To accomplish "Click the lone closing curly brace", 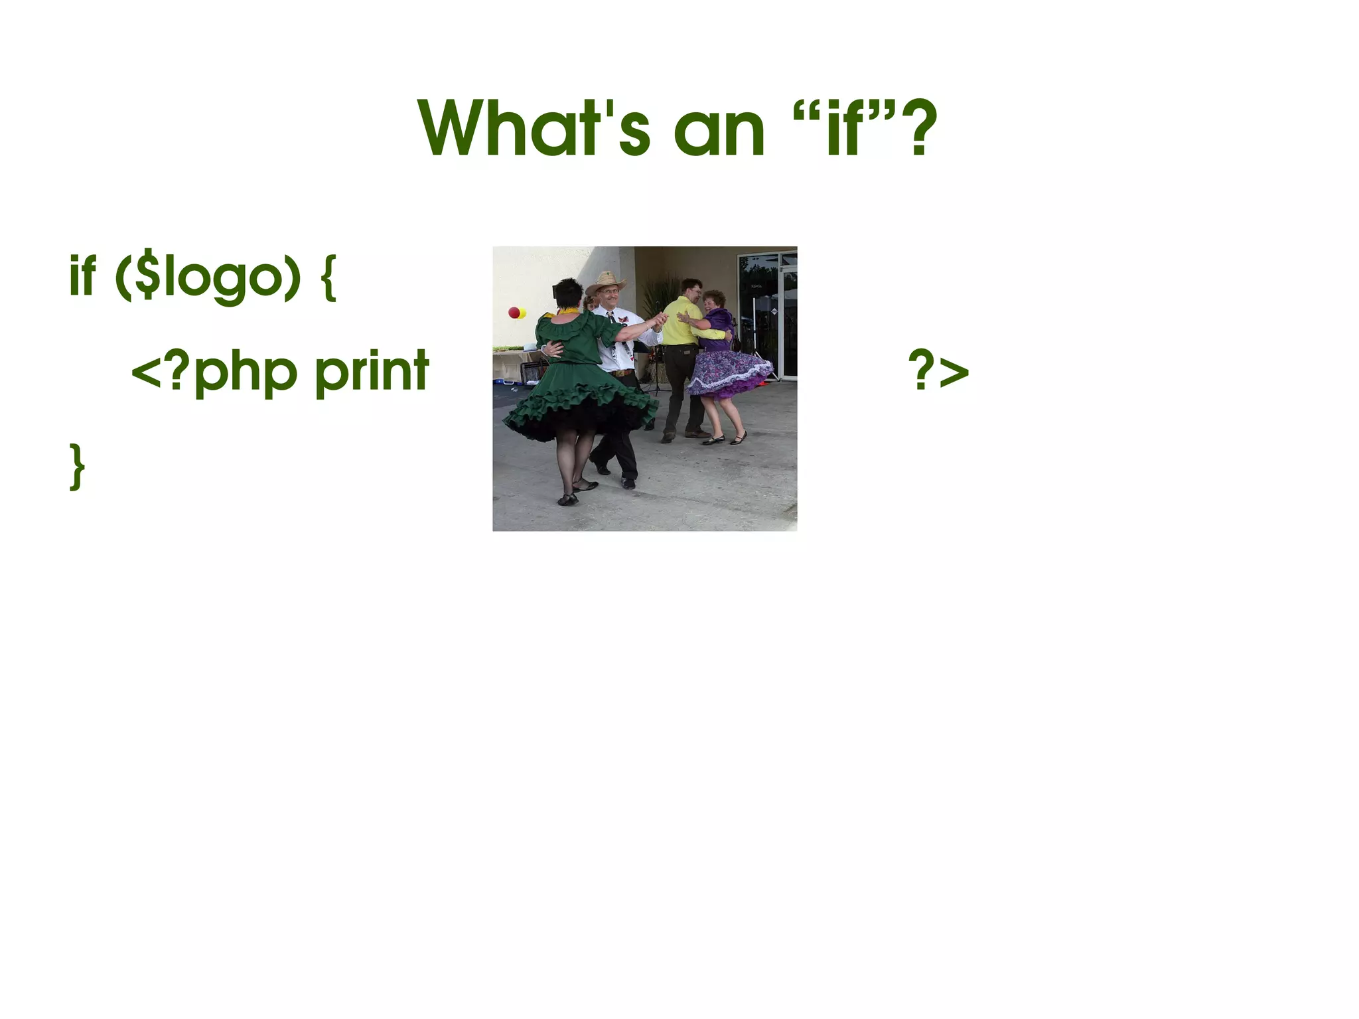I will click(77, 467).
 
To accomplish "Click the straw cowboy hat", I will click(605, 282).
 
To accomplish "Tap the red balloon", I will click(514, 312).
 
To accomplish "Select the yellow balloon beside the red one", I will click(523, 313).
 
